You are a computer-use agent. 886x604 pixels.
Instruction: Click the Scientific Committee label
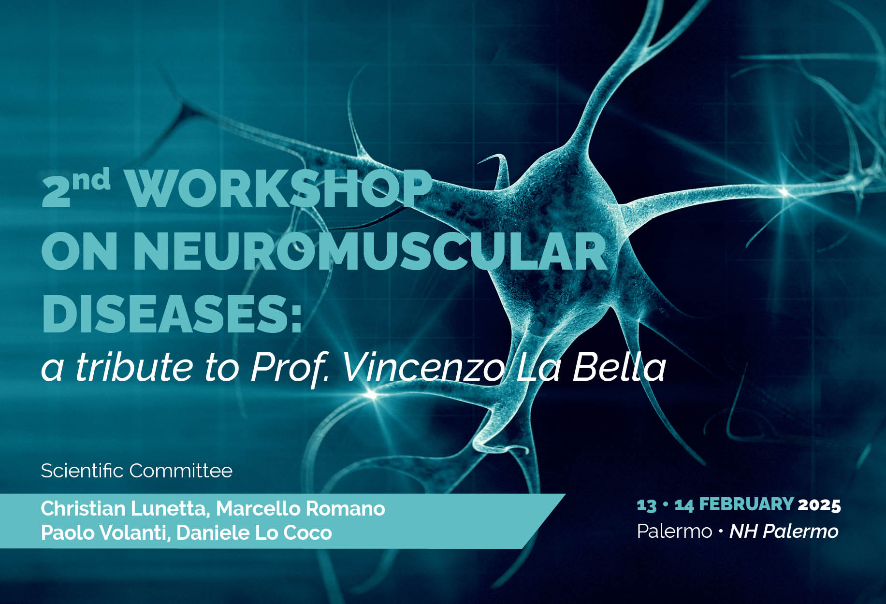pos(137,470)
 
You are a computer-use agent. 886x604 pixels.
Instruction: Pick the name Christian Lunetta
pos(125,509)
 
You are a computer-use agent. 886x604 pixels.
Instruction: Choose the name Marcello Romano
pos(300,508)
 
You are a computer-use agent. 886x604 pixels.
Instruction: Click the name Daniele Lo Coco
pos(254,532)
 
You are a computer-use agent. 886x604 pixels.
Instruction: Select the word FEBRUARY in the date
pos(746,504)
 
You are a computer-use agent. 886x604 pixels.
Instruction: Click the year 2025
pos(819,505)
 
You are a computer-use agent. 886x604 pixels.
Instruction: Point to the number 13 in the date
pos(647,505)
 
